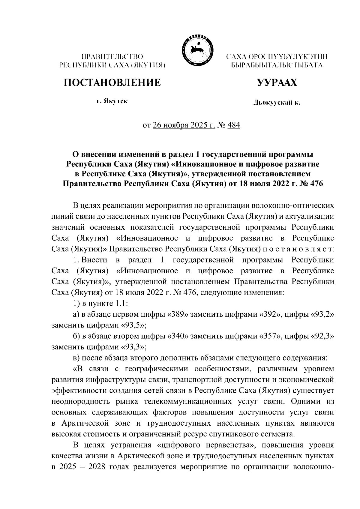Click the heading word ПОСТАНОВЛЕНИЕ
click(x=112, y=82)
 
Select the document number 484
click(x=234, y=124)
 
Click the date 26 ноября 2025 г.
click(x=184, y=124)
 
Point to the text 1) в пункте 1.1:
click(x=100, y=303)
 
